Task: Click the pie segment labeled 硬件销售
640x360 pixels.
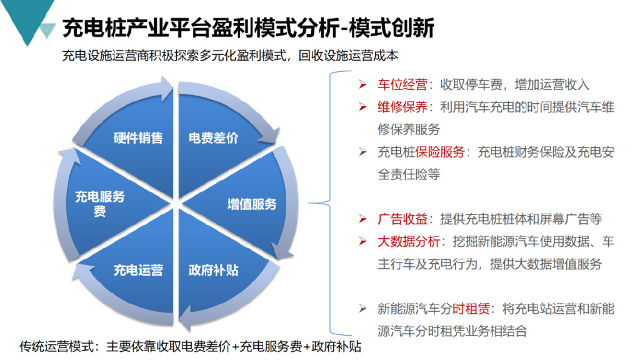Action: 138,137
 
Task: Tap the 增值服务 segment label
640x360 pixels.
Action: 251,204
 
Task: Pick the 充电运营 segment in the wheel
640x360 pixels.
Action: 138,270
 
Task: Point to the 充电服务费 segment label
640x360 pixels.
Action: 100,204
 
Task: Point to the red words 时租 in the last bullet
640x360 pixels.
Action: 464,309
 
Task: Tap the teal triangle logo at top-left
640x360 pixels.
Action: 27,19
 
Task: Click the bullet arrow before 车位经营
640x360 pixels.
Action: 362,84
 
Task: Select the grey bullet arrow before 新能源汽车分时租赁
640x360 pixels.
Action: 362,309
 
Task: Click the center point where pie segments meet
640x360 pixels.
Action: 176,204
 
